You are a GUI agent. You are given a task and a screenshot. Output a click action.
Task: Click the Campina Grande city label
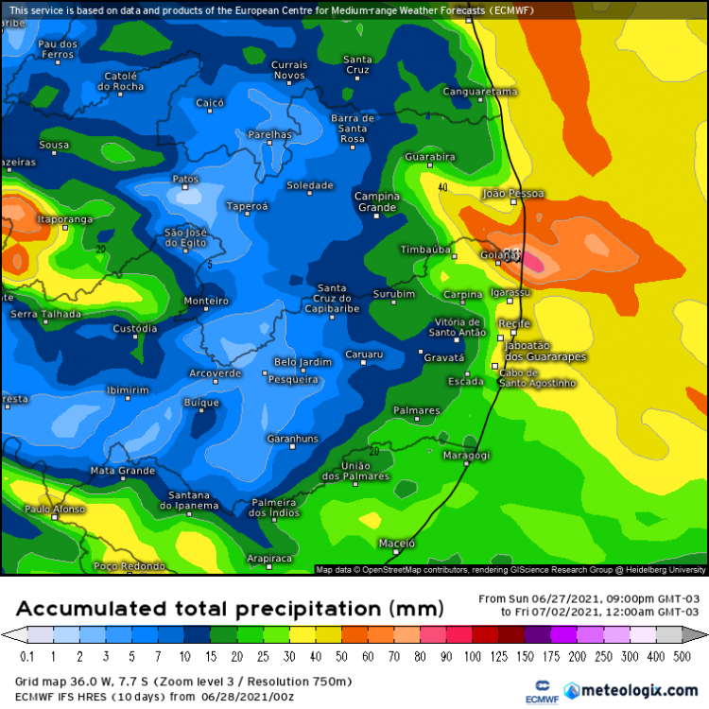tap(376, 201)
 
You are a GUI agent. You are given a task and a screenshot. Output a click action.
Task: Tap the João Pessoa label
tap(513, 194)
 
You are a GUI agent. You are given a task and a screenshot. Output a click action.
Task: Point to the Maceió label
tap(397, 544)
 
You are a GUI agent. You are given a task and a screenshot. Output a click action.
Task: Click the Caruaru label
tap(364, 354)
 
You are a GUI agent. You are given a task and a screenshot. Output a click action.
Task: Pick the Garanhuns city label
tap(292, 439)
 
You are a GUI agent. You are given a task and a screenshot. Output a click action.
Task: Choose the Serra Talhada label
tap(39, 313)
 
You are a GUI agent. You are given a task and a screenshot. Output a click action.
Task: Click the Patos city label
tap(185, 179)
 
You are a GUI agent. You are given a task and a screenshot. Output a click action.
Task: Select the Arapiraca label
tap(269, 559)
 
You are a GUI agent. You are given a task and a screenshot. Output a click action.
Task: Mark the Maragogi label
tap(466, 456)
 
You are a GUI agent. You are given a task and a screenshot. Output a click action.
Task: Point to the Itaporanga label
tap(64, 219)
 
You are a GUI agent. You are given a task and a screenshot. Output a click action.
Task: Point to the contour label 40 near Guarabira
tap(442, 187)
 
